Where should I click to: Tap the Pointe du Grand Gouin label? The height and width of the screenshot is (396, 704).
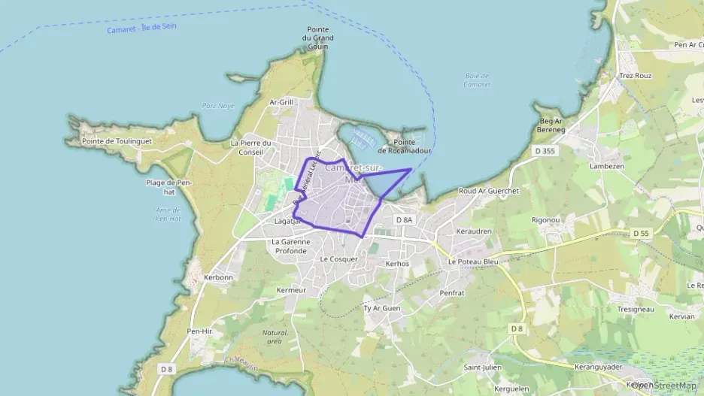coord(318,38)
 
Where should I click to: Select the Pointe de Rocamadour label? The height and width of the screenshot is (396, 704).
coord(404,147)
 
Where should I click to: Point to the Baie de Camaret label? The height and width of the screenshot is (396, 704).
coord(478,80)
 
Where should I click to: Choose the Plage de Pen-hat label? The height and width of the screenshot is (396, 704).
coord(171,186)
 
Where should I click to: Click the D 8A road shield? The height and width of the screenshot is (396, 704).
coord(404,219)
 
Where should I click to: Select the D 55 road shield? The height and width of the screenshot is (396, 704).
coord(641,234)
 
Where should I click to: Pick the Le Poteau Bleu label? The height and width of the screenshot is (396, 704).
coord(473,261)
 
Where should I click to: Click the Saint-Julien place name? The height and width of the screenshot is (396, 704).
coord(482,367)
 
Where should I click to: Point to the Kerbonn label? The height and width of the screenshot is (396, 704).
coord(219,277)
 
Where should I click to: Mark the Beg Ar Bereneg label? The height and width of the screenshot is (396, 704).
coord(551,125)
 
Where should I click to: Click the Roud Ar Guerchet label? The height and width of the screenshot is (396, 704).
coord(489,191)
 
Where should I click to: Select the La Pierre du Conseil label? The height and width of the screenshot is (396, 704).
coord(250,147)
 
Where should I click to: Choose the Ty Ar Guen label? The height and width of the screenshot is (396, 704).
coord(382,308)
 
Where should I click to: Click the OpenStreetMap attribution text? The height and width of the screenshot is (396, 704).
coord(663,385)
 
